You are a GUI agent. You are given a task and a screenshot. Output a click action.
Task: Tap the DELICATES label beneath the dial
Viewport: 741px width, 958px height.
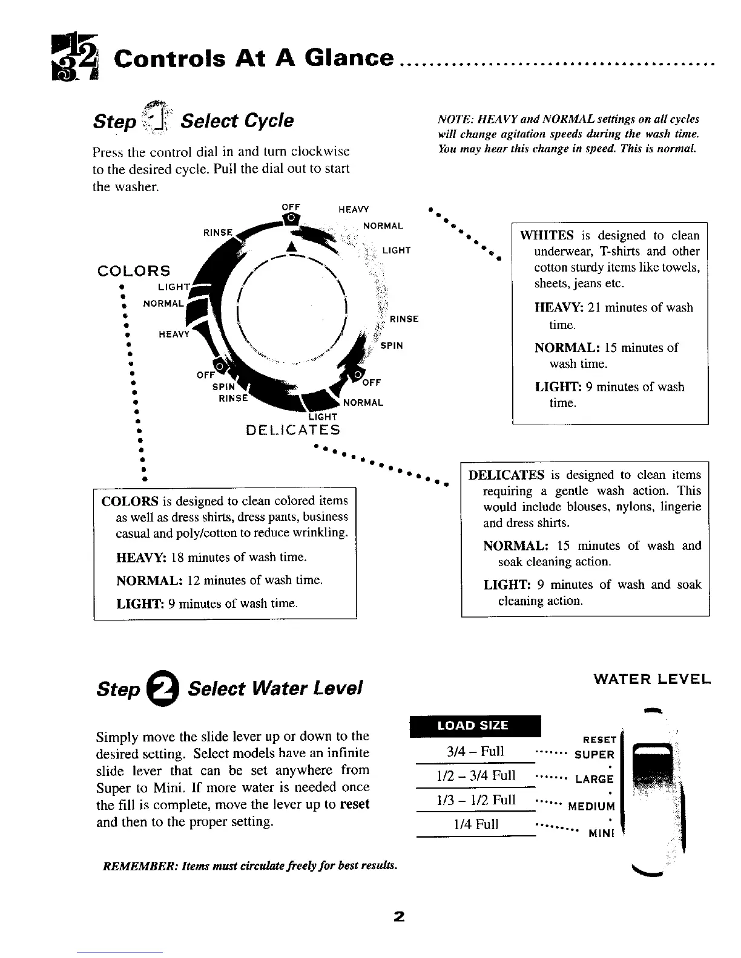pyautogui.click(x=292, y=430)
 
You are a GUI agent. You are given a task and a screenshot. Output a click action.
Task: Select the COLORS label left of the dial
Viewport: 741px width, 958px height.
pyautogui.click(x=134, y=270)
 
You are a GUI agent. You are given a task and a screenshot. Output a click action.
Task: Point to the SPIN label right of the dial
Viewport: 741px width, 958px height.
pyautogui.click(x=392, y=346)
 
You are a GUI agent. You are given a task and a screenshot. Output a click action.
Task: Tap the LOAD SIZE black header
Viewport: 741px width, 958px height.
pyautogui.click(x=473, y=725)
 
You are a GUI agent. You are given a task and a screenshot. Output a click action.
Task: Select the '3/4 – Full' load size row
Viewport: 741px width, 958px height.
pyautogui.click(x=475, y=752)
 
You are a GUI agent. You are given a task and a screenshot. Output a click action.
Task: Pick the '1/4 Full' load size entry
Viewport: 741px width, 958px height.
pyautogui.click(x=475, y=824)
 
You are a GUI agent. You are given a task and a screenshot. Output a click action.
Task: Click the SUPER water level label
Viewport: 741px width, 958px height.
pyautogui.click(x=594, y=754)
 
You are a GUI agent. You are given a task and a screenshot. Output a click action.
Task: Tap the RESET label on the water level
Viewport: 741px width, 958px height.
pyautogui.click(x=599, y=739)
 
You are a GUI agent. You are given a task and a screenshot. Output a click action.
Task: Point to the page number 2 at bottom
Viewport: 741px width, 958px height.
pyautogui.click(x=398, y=916)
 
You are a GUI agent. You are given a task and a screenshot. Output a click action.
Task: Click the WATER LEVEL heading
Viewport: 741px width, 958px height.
pyautogui.click(x=651, y=679)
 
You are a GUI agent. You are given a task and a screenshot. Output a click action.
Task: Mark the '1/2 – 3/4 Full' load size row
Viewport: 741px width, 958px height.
pyautogui.click(x=475, y=776)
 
